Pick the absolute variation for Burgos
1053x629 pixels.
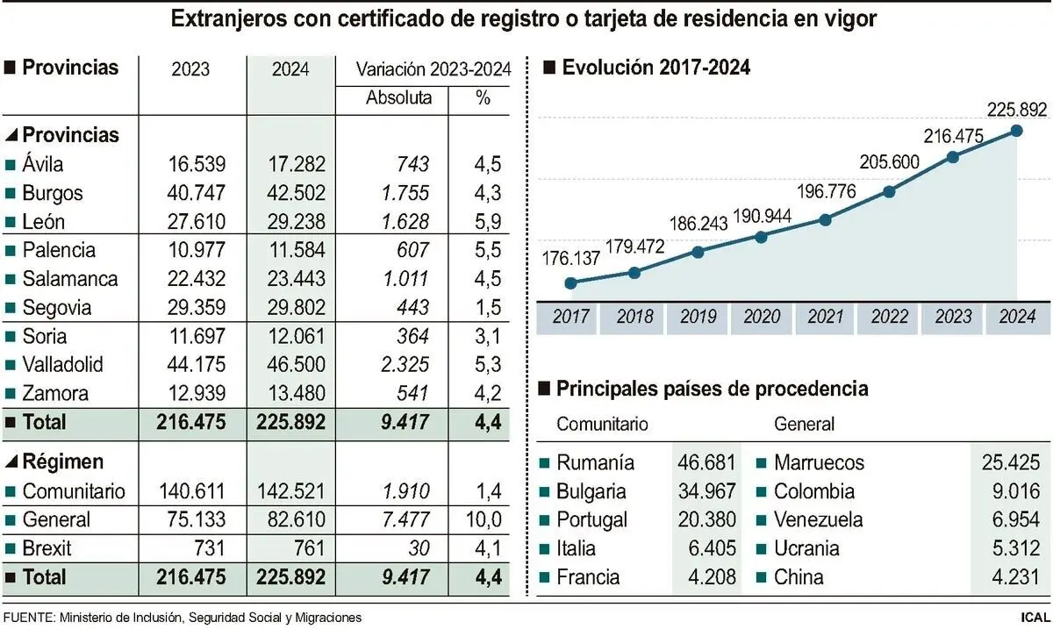pyautogui.click(x=400, y=193)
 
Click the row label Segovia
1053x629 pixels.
pyautogui.click(x=54, y=308)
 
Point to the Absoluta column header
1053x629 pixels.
pyautogui.click(x=398, y=97)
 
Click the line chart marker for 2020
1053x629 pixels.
pyautogui.click(x=761, y=236)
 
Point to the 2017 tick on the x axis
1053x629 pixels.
pyautogui.click(x=570, y=318)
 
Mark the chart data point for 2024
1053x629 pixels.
pyautogui.click(x=1016, y=131)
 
